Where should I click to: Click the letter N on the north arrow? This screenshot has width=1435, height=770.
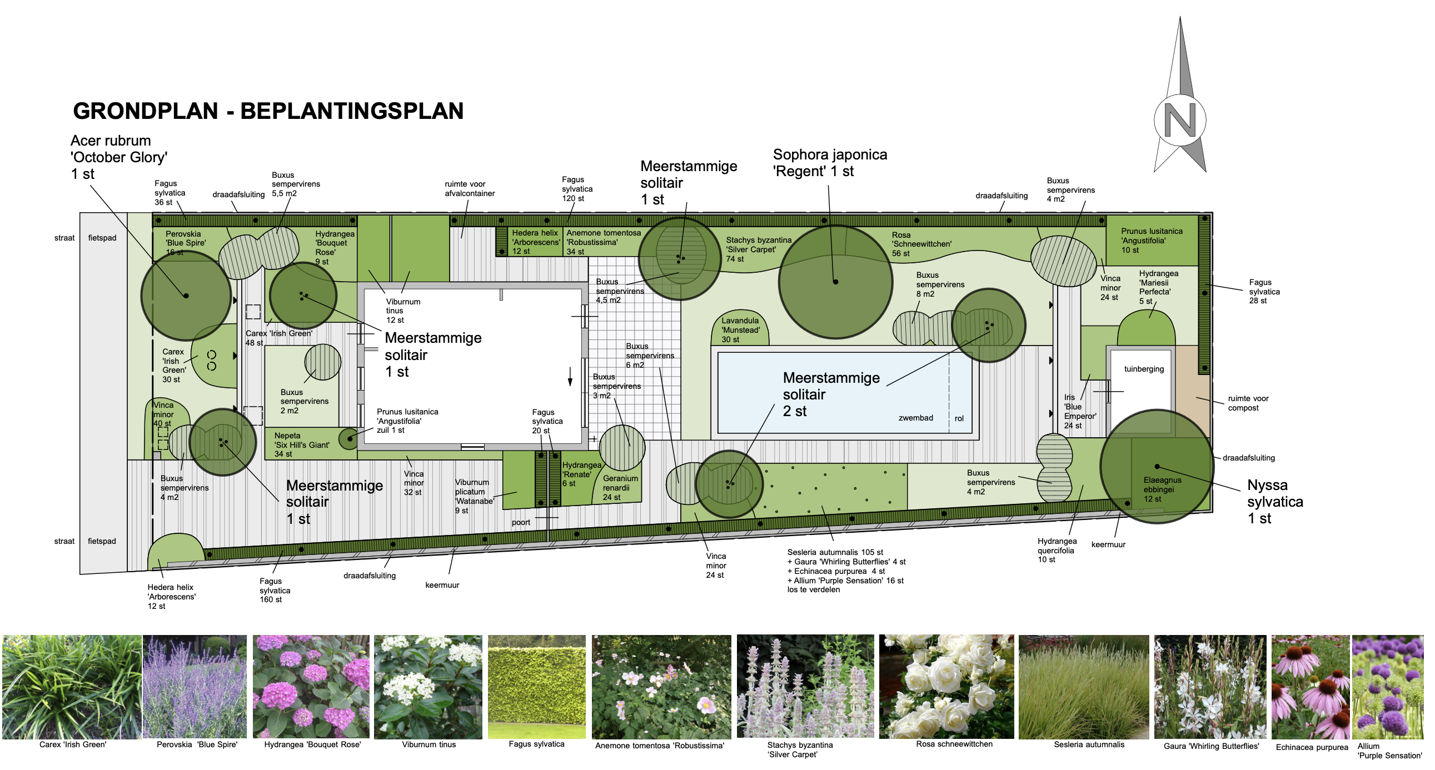[x=1180, y=119]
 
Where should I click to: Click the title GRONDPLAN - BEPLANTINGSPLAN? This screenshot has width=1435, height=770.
[x=268, y=111]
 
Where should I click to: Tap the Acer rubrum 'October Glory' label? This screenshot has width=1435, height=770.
[x=118, y=157]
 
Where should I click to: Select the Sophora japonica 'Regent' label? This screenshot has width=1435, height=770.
[x=829, y=163]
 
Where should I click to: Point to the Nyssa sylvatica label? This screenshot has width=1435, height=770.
[x=1275, y=502]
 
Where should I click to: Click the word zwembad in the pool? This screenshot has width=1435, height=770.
[x=915, y=418]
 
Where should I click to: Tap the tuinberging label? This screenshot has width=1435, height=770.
[x=1144, y=369]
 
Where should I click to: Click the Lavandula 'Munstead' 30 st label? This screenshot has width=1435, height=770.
[x=740, y=329]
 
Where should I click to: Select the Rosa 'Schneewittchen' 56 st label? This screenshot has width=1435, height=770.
[x=921, y=244]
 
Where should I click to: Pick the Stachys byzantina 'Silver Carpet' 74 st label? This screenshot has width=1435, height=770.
[x=758, y=249]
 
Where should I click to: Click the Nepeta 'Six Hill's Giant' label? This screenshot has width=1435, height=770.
[x=301, y=445]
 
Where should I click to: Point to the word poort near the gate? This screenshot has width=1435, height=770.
[x=521, y=522]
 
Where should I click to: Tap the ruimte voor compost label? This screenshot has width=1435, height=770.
[x=1248, y=403]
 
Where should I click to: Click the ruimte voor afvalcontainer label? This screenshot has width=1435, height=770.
[x=470, y=189]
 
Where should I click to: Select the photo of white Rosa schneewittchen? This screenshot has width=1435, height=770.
[x=946, y=687]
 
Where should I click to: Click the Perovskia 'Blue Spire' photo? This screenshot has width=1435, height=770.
[x=195, y=687]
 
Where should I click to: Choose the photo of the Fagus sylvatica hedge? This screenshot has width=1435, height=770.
[x=536, y=687]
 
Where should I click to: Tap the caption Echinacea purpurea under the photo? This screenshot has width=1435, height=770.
[x=1312, y=747]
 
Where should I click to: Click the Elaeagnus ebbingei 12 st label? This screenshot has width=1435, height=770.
[x=1163, y=489]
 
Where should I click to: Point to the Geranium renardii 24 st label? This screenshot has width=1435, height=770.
[x=620, y=488]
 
